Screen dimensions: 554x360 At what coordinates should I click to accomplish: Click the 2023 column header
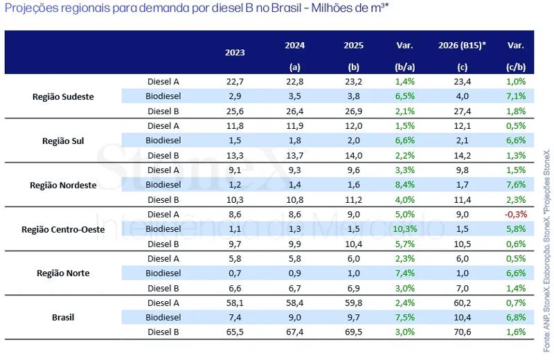[235, 53]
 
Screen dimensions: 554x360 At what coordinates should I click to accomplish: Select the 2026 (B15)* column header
[462, 45]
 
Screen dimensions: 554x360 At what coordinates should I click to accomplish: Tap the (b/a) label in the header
[405, 67]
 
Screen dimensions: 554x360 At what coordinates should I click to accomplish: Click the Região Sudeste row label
[63, 96]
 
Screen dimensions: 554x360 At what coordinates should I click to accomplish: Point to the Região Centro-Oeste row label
[63, 229]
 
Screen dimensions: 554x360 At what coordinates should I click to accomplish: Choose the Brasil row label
[63, 317]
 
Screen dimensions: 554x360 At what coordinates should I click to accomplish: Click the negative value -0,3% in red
[516, 214]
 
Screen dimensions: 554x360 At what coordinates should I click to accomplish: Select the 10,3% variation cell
[405, 229]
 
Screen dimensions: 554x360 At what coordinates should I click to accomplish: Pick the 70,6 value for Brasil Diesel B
[462, 332]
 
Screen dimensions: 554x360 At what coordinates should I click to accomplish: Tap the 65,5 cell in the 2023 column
[235, 332]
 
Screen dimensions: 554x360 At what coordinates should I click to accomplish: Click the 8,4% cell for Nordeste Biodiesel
[405, 185]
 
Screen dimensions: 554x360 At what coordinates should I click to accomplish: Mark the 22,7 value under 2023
[235, 82]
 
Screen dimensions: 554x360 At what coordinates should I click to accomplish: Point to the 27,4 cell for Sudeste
[462, 111]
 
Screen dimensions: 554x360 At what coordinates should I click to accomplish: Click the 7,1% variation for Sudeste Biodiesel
[516, 96]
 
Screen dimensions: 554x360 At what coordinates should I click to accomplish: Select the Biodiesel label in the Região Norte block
[163, 273]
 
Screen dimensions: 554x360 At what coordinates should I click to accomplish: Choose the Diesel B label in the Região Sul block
[163, 156]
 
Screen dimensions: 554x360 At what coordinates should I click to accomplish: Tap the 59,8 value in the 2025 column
[354, 303]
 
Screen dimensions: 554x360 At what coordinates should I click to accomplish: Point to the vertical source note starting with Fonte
[547, 251]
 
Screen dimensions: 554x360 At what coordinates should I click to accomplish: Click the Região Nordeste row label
[63, 185]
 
